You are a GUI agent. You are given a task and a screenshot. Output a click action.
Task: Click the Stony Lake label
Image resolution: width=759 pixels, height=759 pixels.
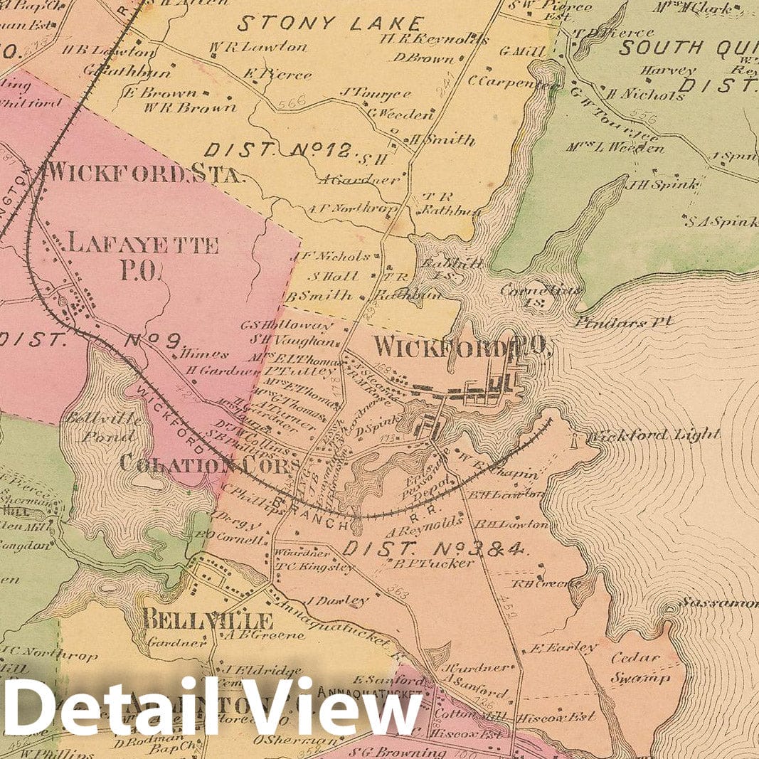point(330,23)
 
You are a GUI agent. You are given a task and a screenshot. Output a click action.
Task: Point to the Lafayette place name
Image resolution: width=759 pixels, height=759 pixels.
point(142,245)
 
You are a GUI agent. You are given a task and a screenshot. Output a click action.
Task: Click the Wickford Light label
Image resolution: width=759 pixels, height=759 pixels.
point(654,435)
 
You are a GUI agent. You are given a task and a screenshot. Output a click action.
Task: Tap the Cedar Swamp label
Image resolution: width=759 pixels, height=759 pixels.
point(640,668)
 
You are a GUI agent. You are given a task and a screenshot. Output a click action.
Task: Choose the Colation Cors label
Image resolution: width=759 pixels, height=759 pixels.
point(209,465)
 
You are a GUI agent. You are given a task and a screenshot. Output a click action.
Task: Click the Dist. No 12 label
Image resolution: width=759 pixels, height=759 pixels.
point(277,150)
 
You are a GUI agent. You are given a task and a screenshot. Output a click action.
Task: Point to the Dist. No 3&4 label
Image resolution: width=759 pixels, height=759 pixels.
point(433,548)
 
